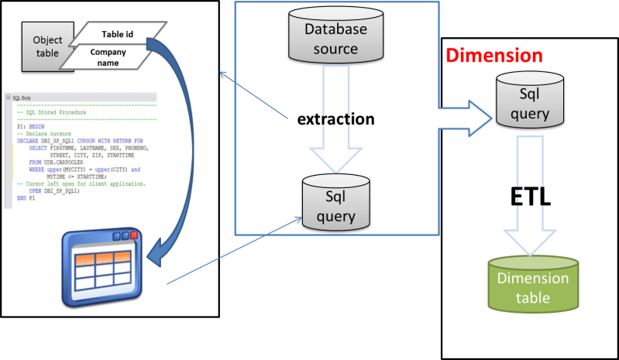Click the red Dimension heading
click(x=494, y=56)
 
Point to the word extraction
click(x=336, y=119)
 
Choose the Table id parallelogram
click(x=115, y=34)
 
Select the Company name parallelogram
click(x=108, y=57)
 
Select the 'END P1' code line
click(x=26, y=198)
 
